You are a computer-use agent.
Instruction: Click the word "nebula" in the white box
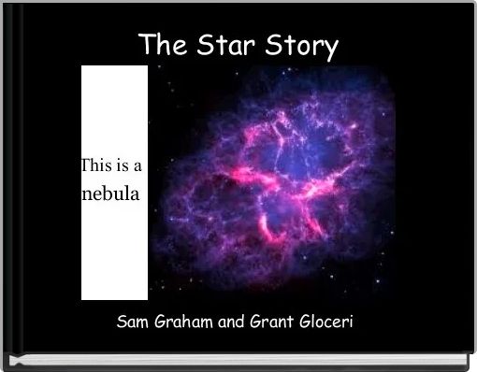111,195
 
